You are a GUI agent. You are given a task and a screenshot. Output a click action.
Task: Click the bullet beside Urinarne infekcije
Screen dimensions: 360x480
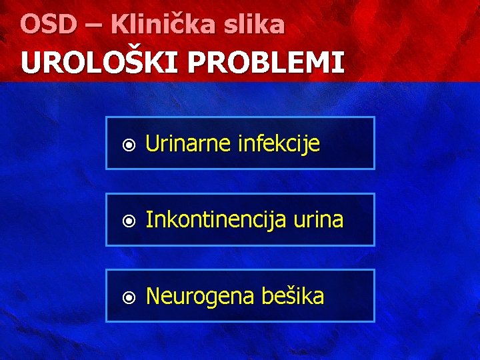click(x=129, y=144)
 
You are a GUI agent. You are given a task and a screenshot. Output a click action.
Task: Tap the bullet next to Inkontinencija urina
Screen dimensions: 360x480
click(x=129, y=221)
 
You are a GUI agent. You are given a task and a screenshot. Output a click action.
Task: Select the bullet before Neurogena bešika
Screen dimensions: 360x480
click(x=129, y=297)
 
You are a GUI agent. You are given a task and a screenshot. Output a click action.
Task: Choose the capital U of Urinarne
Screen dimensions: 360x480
click(x=151, y=143)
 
